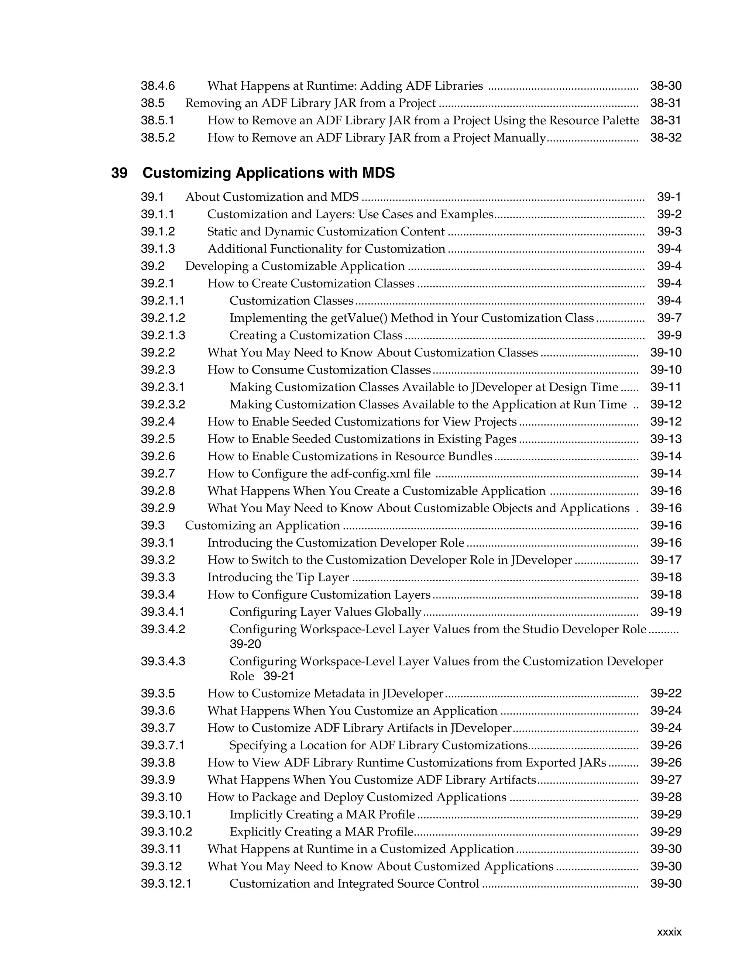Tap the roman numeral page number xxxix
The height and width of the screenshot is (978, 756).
coord(669,932)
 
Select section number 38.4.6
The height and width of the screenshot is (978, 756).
coord(158,86)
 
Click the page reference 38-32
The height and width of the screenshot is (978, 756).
coord(666,138)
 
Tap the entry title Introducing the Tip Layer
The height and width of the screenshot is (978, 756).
coord(278,578)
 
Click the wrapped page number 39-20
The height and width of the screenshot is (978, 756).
coord(245,644)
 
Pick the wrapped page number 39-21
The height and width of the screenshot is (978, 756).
coord(279,676)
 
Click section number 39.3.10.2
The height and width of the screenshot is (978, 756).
coord(166,832)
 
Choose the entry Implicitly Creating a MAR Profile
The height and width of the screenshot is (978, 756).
coord(322,815)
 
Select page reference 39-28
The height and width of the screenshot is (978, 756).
coord(666,798)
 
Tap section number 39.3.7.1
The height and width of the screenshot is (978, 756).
coord(162,745)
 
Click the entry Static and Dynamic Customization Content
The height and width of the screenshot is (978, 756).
coord(326,232)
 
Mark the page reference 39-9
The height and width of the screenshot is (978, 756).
coord(669,335)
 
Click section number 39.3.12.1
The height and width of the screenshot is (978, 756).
coord(166,884)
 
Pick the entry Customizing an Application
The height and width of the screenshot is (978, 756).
coord(262,526)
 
